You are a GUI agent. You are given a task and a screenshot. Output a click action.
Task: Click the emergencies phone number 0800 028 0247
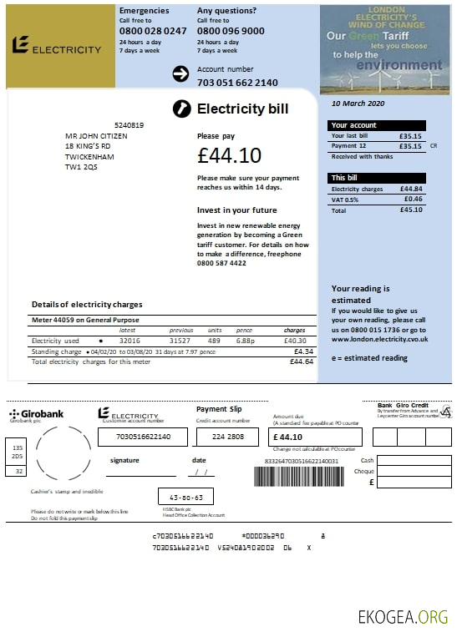click(x=153, y=31)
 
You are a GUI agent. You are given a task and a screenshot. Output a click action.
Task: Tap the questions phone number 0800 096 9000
click(x=231, y=31)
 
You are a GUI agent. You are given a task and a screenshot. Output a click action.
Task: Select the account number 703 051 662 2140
click(x=237, y=83)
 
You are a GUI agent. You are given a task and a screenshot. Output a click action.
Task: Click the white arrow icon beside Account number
click(x=180, y=74)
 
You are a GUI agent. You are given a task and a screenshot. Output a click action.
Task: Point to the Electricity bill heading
click(x=242, y=109)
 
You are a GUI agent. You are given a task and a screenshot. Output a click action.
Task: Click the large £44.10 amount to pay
click(x=230, y=155)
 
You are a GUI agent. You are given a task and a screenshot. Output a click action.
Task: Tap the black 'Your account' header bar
click(x=378, y=125)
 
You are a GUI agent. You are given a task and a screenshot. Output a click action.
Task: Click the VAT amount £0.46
click(x=413, y=200)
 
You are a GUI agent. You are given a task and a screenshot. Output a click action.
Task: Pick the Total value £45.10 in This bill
click(x=411, y=210)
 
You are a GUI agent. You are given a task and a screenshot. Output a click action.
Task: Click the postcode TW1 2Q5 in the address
click(x=81, y=167)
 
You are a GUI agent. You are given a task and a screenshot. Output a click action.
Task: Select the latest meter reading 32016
click(x=129, y=341)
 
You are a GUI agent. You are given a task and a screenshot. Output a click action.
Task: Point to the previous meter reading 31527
click(x=180, y=341)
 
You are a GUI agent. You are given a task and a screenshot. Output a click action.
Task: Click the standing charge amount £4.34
click(x=303, y=351)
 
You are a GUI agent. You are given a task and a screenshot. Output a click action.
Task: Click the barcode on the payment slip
click(x=298, y=477)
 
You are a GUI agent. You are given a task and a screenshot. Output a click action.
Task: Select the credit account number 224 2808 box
click(x=228, y=437)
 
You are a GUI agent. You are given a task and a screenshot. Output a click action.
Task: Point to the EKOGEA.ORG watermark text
click(x=403, y=617)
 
